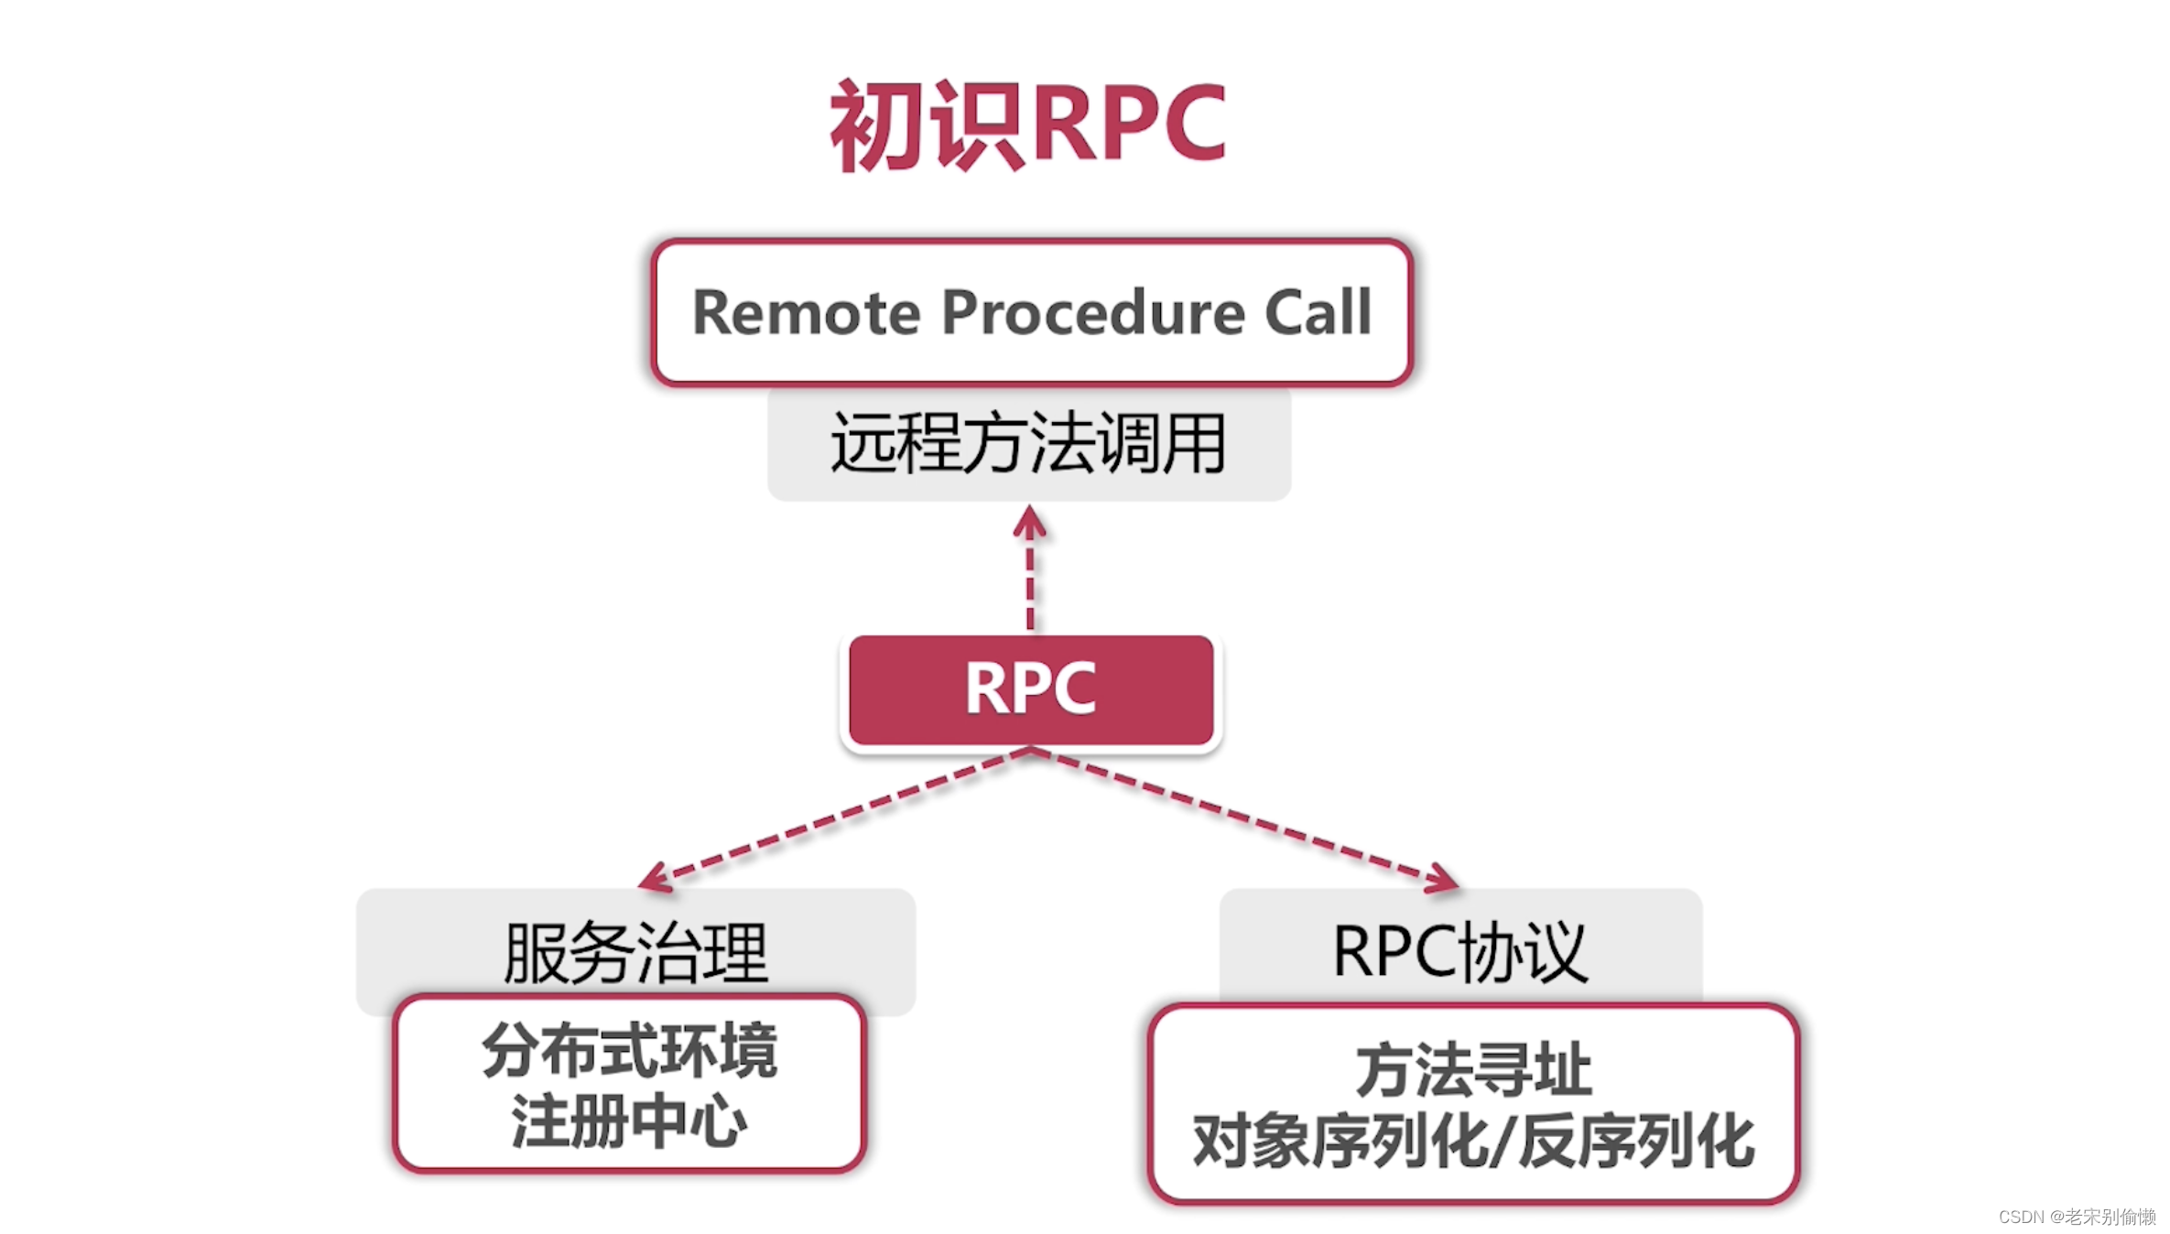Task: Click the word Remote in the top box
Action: pos(806,313)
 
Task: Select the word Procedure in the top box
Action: pos(1093,313)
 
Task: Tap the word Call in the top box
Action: pos(1318,313)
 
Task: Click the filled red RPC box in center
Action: pos(1031,688)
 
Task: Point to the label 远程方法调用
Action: pos(1028,444)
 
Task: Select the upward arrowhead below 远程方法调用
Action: pos(1030,523)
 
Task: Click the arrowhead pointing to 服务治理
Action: pos(655,879)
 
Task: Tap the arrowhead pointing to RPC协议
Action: pos(1442,879)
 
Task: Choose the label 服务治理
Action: pos(635,952)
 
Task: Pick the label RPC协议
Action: pos(1459,952)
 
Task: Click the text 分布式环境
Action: pos(630,1051)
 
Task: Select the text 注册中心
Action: pos(630,1121)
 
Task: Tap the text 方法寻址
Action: pos(1473,1070)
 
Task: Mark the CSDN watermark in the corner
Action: pos(2076,1217)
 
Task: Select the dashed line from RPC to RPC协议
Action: pos(1236,813)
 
